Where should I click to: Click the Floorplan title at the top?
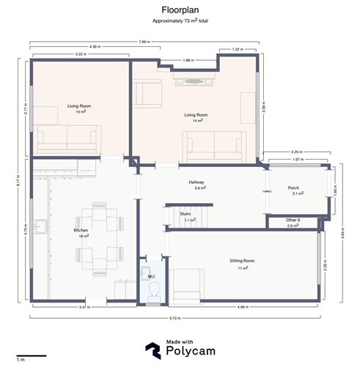(x=180, y=10)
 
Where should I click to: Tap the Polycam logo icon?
(x=153, y=351)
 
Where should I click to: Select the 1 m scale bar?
(x=31, y=355)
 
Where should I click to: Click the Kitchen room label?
(x=81, y=230)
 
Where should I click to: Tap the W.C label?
(x=153, y=276)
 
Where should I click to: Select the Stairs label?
(x=185, y=214)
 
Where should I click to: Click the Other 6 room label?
(x=293, y=220)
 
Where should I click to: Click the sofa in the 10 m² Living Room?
(x=68, y=136)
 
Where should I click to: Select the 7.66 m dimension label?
(x=144, y=42)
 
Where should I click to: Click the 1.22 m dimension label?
(x=238, y=49)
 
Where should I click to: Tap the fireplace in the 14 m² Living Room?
(x=194, y=81)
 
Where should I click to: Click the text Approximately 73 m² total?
(x=180, y=23)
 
